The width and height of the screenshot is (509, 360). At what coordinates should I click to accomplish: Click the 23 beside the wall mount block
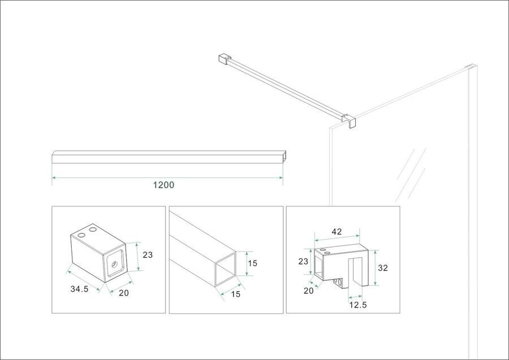tap(148, 255)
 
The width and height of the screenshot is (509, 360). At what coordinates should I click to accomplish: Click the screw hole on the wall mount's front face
tap(115, 264)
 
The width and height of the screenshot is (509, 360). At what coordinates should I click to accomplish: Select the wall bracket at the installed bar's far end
tap(223, 59)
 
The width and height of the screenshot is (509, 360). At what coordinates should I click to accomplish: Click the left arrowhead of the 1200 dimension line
tap(54, 177)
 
